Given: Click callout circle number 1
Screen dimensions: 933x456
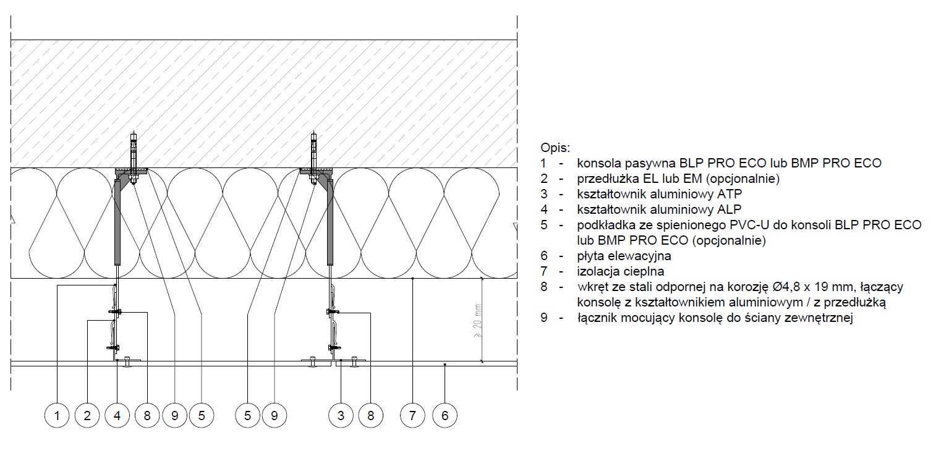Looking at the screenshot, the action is pos(57,415).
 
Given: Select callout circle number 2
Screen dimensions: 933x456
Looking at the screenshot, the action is pos(87,415).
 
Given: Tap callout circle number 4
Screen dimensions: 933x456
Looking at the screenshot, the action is pos(117,415).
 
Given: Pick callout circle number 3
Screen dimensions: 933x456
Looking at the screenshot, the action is pos(341,415).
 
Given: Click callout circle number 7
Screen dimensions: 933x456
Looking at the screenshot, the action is pos(412,415).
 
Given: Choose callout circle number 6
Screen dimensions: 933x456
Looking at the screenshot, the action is pos(445,415).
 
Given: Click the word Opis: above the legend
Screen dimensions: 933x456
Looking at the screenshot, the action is pos(555,148).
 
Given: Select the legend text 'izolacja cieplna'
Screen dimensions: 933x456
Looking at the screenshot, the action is pos(621,271).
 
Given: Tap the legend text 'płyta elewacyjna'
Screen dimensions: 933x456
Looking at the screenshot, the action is pos(624,256).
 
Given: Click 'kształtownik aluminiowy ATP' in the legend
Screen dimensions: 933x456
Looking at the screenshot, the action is pos(660,194).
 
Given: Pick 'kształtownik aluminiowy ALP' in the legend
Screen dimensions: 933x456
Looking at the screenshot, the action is pos(659,209).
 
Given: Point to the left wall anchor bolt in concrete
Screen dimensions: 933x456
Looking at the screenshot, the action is pos(134,158).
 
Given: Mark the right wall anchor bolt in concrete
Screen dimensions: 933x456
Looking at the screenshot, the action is pos(313,158).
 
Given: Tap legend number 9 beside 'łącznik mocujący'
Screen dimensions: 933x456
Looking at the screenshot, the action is pos(544,318).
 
